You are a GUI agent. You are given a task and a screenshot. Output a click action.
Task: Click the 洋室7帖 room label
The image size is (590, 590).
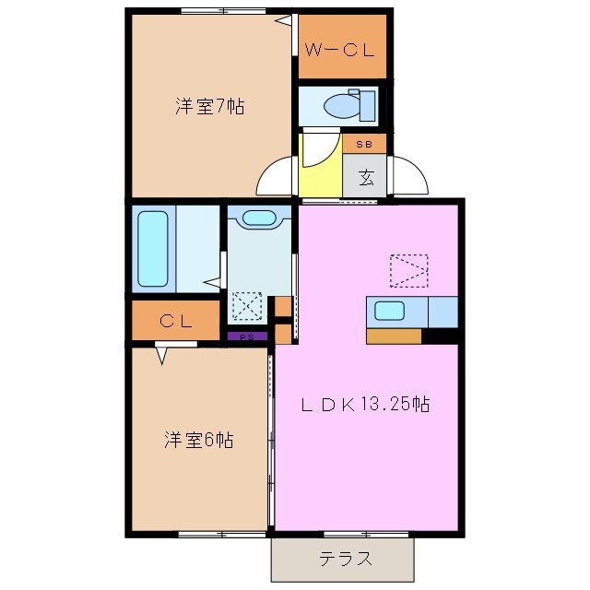pos(210,106)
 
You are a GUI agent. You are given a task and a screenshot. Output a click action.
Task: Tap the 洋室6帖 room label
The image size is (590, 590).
pos(198,440)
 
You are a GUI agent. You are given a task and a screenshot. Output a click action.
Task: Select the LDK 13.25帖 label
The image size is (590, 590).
pos(367,403)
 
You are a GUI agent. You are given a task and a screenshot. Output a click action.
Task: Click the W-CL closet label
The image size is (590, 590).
pos(342,51)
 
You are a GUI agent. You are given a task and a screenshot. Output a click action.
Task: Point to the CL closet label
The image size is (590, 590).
pos(174,321)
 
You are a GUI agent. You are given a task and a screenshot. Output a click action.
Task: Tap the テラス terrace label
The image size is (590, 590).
pos(346,558)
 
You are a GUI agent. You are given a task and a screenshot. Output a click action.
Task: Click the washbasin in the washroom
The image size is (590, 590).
pos(259,218)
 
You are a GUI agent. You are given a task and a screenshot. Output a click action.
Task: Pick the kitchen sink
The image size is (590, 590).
pos(390,311)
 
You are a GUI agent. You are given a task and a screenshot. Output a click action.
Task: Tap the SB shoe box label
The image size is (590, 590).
pos(363,145)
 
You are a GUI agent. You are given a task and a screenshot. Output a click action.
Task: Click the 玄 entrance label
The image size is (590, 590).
pos(365,176)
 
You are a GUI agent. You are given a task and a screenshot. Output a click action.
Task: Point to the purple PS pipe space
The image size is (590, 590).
pos(246,336)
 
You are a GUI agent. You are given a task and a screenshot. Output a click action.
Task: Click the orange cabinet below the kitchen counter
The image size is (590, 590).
pos(394,336)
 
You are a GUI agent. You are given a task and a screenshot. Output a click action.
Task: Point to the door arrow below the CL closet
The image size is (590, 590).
pos(162,354)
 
